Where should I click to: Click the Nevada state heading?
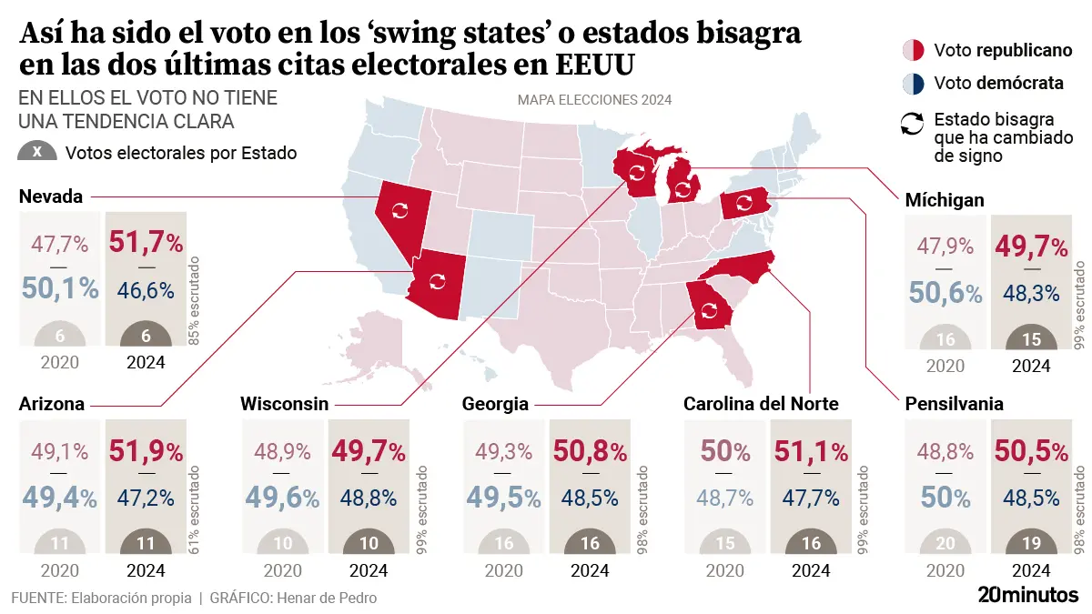(x=51, y=196)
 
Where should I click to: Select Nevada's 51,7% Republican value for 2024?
(x=147, y=243)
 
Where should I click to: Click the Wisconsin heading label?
(x=284, y=404)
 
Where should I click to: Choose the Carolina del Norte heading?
(x=761, y=404)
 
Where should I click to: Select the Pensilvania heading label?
(x=954, y=404)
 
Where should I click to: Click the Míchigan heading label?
(x=945, y=200)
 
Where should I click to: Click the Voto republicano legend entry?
(x=988, y=50)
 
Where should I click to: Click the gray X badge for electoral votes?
(x=36, y=153)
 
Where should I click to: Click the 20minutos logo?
(x=1028, y=595)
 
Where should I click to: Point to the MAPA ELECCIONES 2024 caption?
(x=594, y=100)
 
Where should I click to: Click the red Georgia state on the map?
(x=709, y=306)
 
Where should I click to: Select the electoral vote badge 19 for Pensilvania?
(x=1032, y=544)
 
